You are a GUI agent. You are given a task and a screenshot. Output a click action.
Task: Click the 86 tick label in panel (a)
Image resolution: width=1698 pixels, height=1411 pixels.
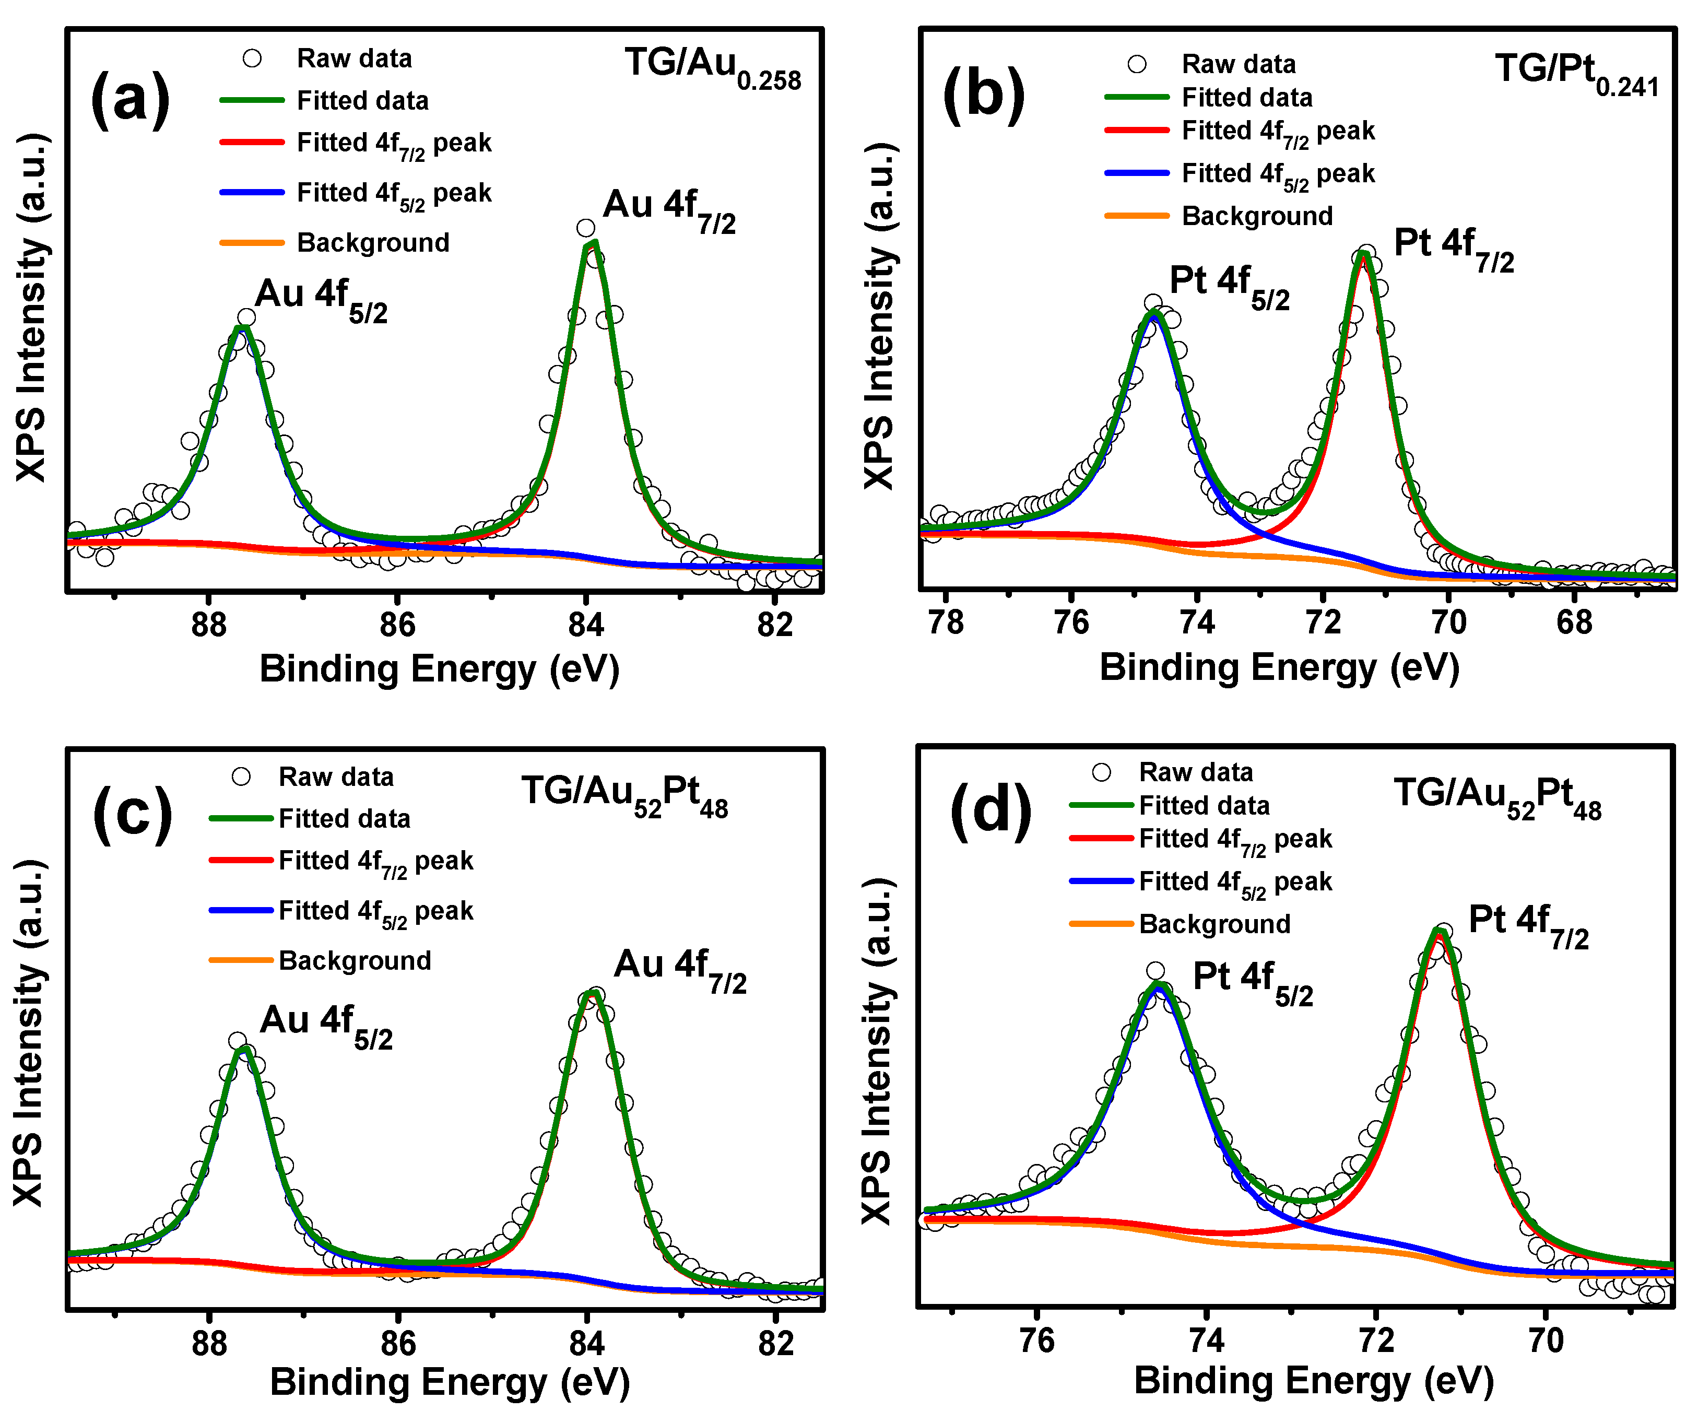click(397, 624)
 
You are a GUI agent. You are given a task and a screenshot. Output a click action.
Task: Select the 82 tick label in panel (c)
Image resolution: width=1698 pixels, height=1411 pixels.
click(775, 1343)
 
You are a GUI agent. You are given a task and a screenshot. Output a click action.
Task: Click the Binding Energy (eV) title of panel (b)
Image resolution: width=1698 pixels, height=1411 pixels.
click(1279, 668)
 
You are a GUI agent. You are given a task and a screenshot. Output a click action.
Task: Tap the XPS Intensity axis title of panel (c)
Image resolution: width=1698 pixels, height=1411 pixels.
click(29, 1035)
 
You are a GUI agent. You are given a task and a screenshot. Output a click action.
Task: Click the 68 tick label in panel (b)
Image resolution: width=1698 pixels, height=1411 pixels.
click(1574, 622)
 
